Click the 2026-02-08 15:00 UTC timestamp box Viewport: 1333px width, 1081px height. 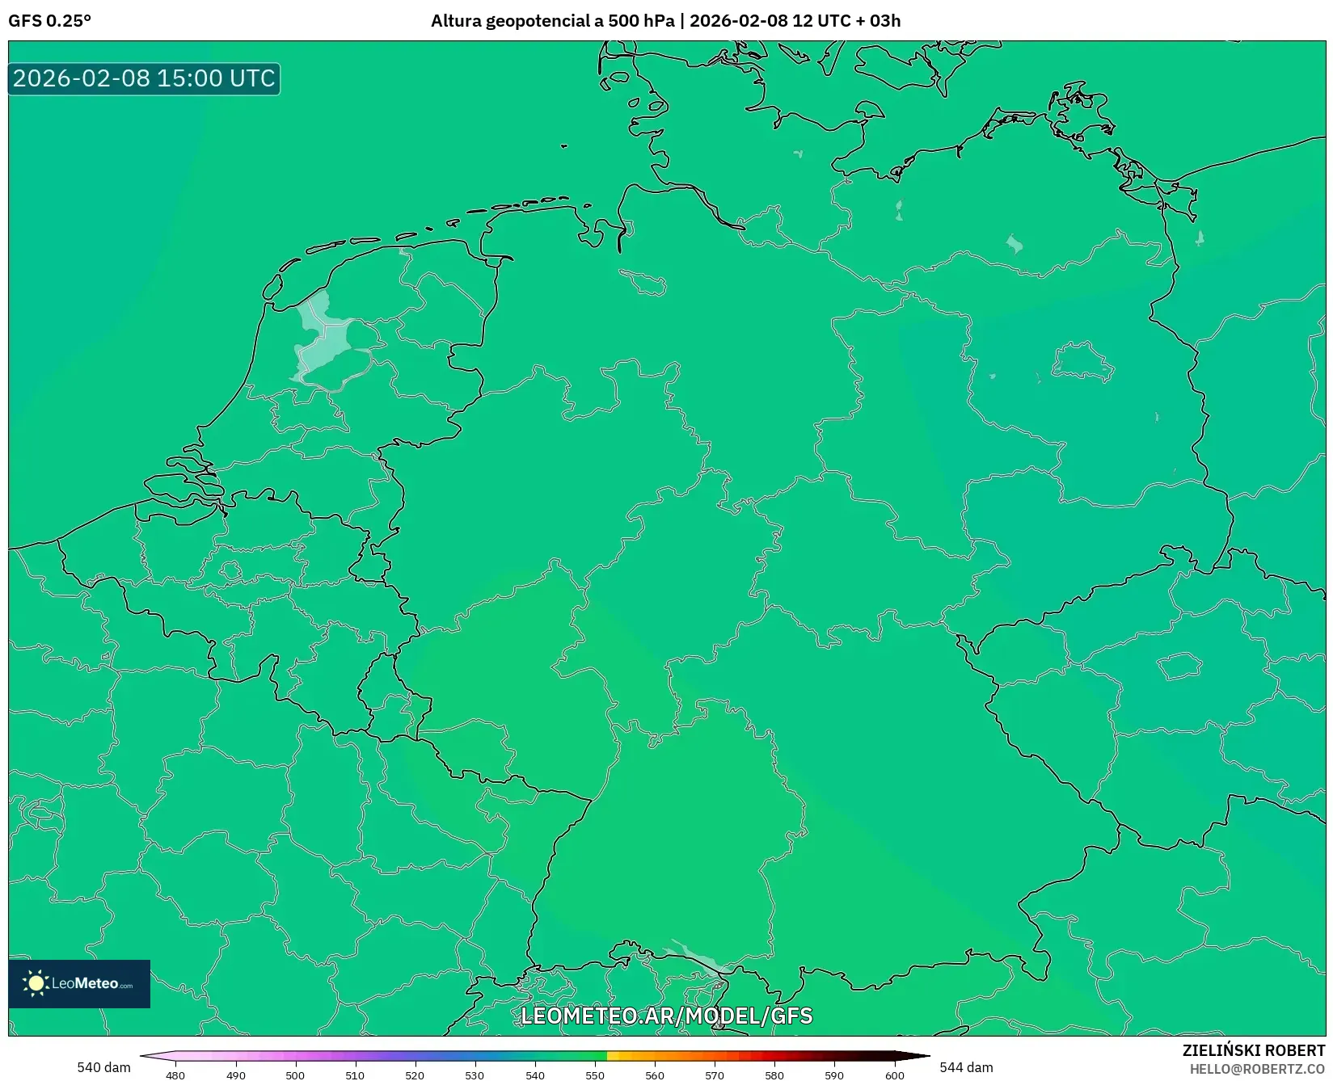click(144, 78)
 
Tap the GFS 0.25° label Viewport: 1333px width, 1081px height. click(49, 21)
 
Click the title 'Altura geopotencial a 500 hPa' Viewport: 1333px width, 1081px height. click(552, 21)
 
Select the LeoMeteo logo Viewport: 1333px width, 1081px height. click(79, 983)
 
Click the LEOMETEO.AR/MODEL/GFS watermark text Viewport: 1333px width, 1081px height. click(666, 1016)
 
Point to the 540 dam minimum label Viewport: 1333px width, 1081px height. click(103, 1067)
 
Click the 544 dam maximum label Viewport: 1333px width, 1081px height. click(966, 1067)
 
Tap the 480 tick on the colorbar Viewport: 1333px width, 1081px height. click(175, 1075)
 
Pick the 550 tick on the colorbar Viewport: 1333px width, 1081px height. click(595, 1075)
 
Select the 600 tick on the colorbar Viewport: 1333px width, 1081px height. click(894, 1075)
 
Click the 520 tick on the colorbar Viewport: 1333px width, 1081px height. click(415, 1075)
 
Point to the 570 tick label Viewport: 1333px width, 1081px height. click(715, 1075)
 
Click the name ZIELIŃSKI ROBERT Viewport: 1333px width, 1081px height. click(1254, 1050)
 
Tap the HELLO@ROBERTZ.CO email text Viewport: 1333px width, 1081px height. click(1257, 1069)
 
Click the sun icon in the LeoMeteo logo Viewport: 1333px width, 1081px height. click(36, 983)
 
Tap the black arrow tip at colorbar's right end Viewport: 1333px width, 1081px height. click(923, 1055)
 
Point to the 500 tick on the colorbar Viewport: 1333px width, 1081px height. click(295, 1075)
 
